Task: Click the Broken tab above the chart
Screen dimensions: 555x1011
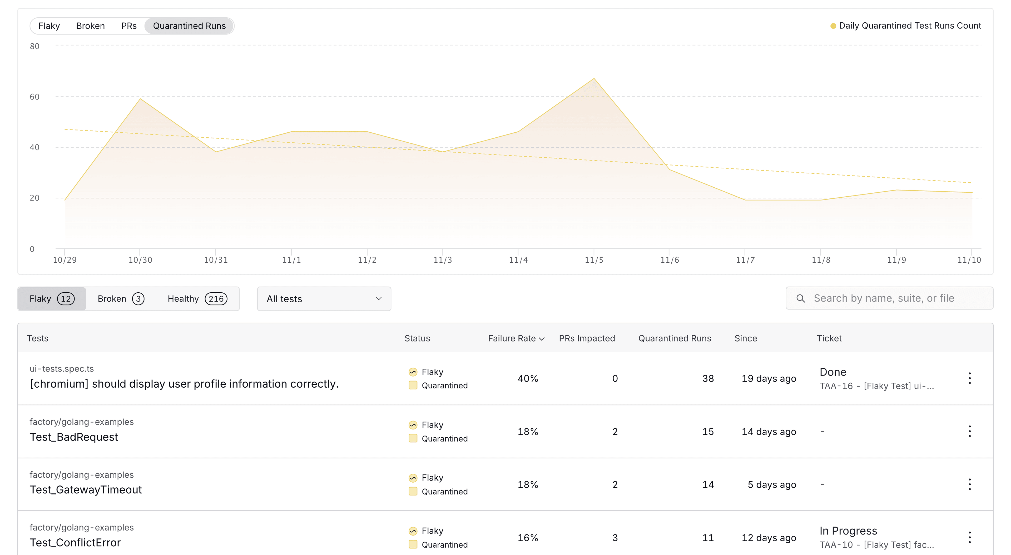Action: [x=90, y=26]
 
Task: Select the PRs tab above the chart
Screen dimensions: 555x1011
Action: [x=129, y=26]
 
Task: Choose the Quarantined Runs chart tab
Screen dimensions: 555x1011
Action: [x=189, y=26]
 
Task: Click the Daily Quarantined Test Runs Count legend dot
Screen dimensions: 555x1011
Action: [x=833, y=26]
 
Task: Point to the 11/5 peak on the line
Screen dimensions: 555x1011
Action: [x=594, y=79]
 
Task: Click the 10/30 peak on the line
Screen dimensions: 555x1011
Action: [x=140, y=99]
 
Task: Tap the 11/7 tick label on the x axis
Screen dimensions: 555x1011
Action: [x=745, y=260]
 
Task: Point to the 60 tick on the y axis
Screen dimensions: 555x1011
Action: [x=34, y=97]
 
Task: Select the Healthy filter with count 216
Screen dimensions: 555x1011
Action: [x=197, y=299]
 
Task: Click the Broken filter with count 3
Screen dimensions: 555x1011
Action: [x=121, y=299]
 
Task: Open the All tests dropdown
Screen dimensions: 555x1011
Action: [x=324, y=299]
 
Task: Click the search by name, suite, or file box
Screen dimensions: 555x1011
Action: [x=889, y=298]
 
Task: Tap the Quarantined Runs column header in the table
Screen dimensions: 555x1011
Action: [x=674, y=338]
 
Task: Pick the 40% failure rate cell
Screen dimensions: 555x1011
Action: [x=527, y=378]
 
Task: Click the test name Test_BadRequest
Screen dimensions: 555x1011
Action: [x=74, y=437]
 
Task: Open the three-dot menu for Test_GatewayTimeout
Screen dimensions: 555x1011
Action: [x=969, y=484]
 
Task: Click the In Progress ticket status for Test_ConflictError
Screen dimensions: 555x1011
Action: [x=848, y=531]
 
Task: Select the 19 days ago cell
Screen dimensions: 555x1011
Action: [x=769, y=378]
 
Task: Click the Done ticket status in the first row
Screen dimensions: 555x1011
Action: [x=832, y=372]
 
